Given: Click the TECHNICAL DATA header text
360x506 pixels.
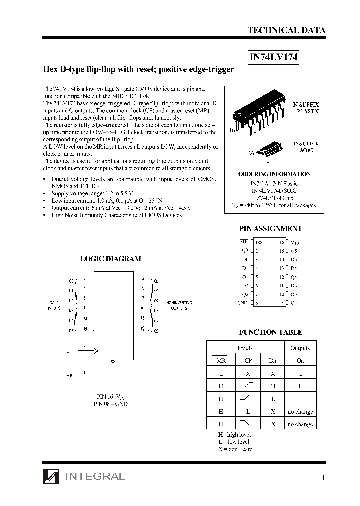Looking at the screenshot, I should pyautogui.click(x=287, y=30).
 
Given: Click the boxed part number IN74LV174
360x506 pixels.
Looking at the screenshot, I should pyautogui.click(x=274, y=57).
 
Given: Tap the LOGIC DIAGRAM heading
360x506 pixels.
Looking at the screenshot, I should pyautogui.click(x=110, y=259).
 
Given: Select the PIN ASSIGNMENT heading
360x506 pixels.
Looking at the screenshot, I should pyautogui.click(x=270, y=228).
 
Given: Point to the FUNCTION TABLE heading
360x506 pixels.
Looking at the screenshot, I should pyautogui.click(x=270, y=332).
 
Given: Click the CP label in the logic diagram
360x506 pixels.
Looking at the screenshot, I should pyautogui.click(x=69, y=351).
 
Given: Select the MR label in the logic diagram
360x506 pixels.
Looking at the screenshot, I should pyautogui.click(x=69, y=374).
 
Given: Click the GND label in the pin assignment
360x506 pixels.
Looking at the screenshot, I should pyautogui.click(x=242, y=303).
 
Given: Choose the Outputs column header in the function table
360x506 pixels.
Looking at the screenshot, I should pyautogui.click(x=300, y=348).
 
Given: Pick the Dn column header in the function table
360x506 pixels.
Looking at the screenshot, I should pyautogui.click(x=272, y=360).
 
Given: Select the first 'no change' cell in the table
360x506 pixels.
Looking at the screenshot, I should pyautogui.click(x=300, y=411).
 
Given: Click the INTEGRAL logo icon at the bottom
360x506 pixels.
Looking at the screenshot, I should pyautogui.click(x=51, y=476).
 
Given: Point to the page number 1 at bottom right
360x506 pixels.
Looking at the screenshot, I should pyautogui.click(x=323, y=478).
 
